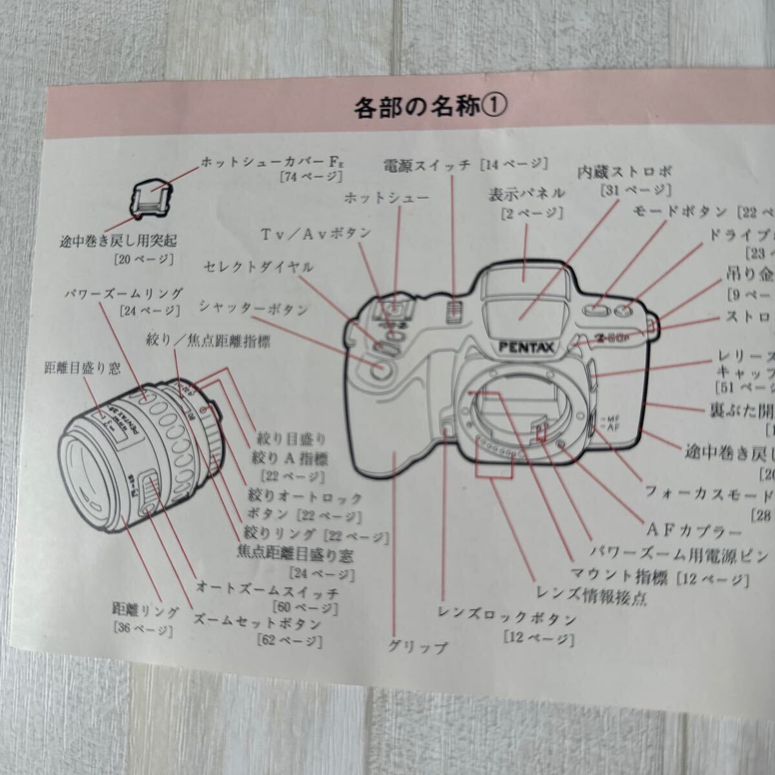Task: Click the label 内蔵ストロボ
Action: (625, 172)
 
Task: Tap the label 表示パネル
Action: (528, 193)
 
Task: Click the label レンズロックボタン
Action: (506, 620)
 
